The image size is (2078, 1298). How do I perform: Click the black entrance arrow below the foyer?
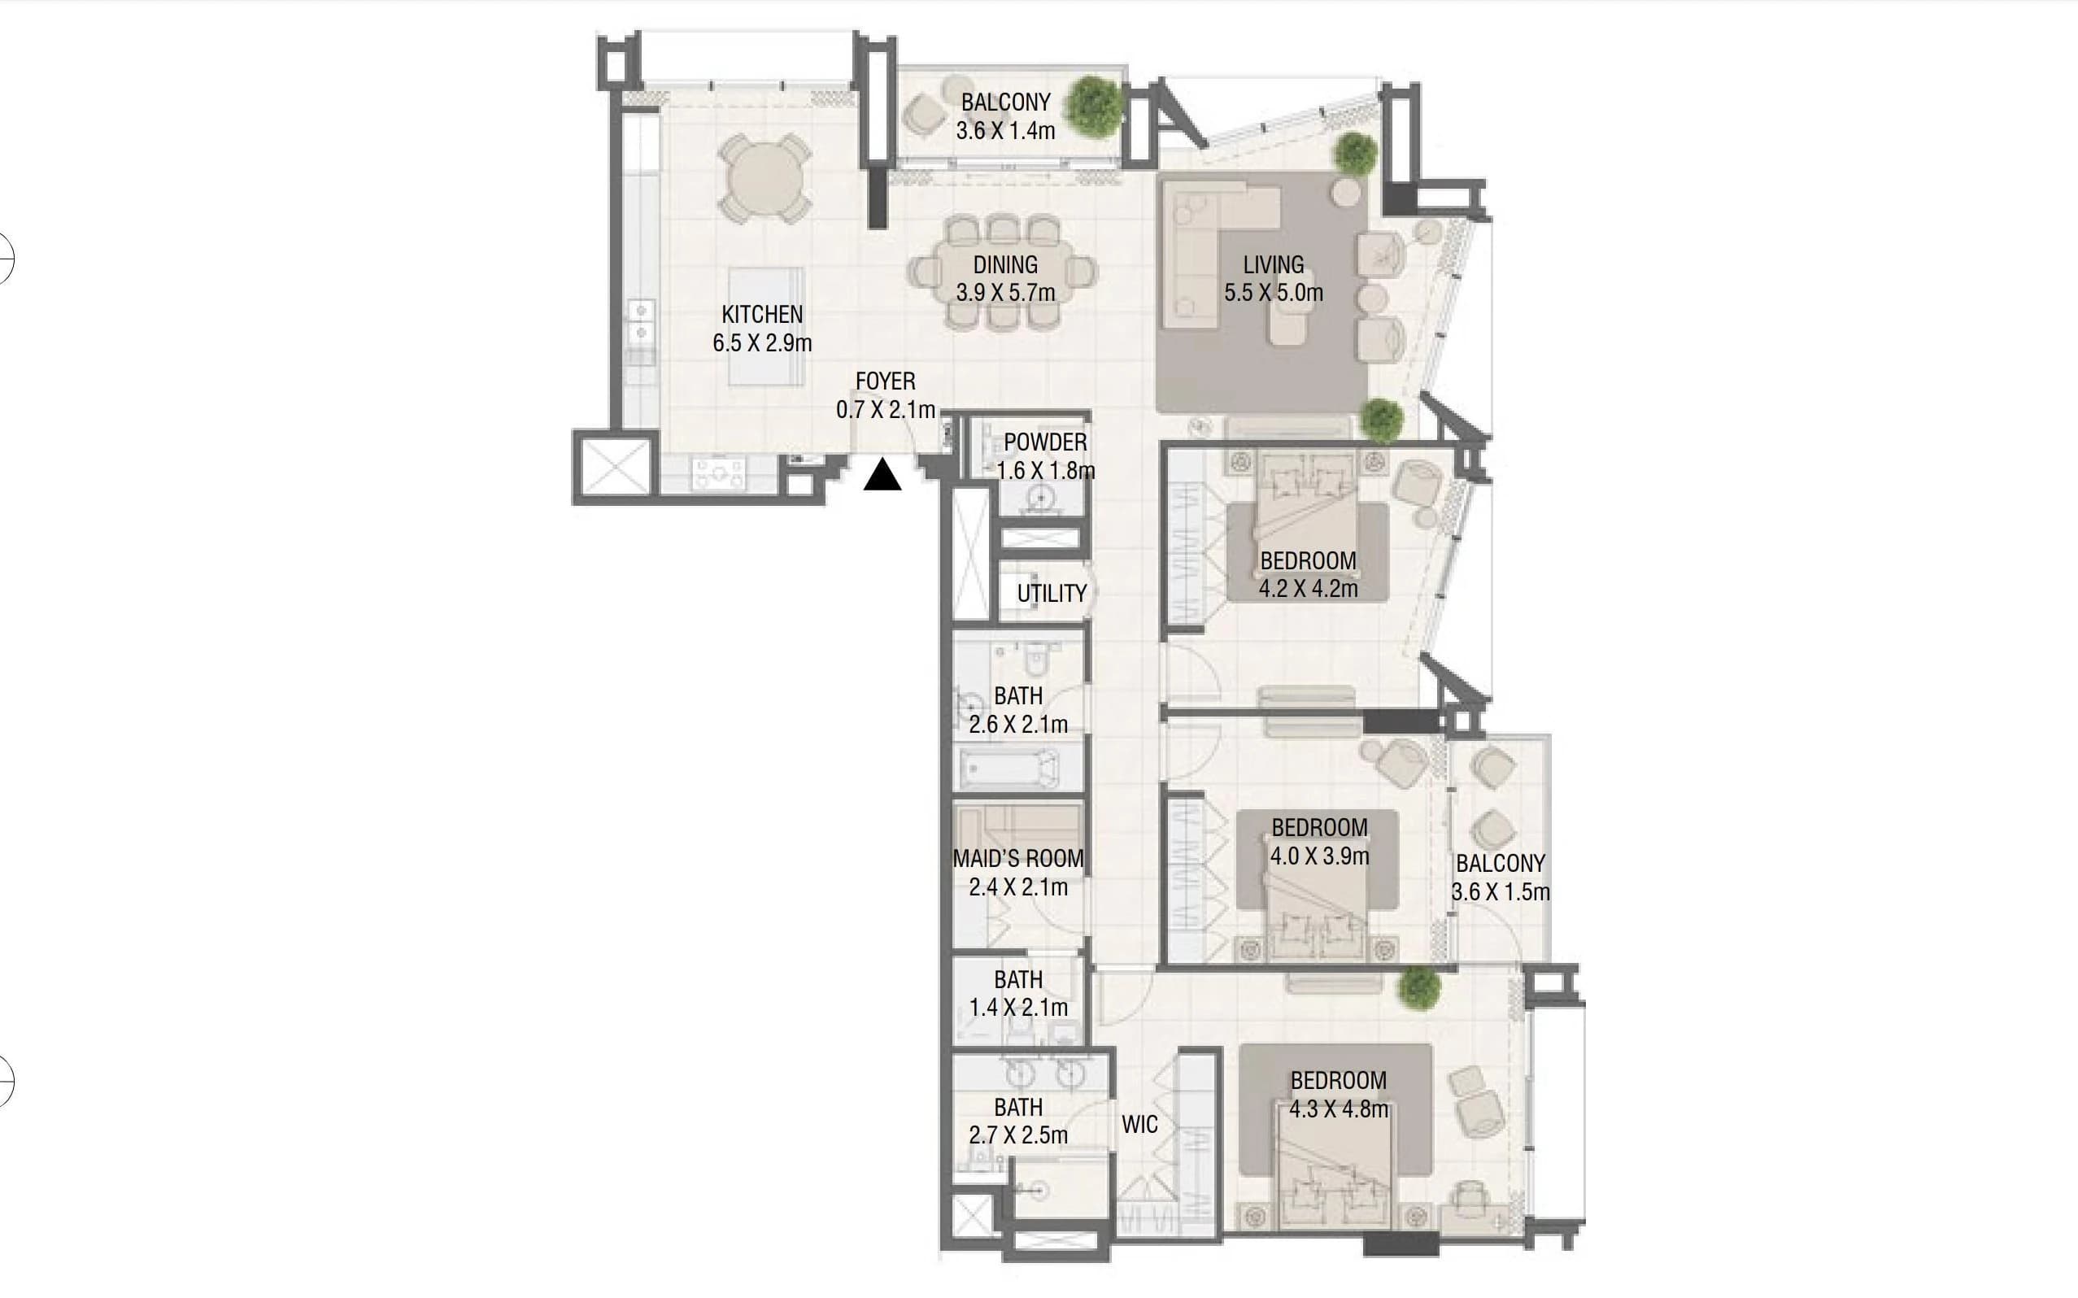[882, 476]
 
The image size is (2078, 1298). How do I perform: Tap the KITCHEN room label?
[762, 315]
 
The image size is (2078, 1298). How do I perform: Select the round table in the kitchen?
[765, 180]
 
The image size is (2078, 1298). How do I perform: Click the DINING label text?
[1005, 265]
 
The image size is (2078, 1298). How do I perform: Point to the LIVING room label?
[1273, 265]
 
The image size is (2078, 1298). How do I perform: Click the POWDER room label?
[1045, 443]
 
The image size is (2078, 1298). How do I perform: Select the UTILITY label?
[1052, 593]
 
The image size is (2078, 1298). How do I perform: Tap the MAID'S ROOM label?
[1019, 859]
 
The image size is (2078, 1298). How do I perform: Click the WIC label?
[1140, 1125]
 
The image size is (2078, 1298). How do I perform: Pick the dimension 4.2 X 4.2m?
[1308, 589]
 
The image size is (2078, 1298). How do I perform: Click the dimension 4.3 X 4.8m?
[1338, 1109]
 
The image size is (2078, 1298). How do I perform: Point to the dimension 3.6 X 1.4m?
[1006, 130]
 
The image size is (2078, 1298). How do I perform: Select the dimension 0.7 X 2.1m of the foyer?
[886, 410]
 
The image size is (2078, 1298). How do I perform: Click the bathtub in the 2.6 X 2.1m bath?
[1009, 768]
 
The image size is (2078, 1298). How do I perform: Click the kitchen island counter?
[766, 327]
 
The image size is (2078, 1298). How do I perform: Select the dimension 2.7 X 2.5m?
[1019, 1135]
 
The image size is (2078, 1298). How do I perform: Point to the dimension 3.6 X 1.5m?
[1501, 892]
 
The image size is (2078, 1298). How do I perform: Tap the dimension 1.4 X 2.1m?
[1019, 1007]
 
